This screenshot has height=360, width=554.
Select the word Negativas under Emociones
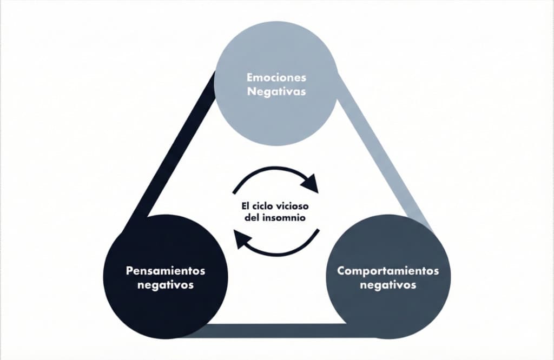click(x=276, y=91)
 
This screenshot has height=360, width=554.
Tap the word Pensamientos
click(x=166, y=270)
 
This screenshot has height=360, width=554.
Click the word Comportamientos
click(x=388, y=270)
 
